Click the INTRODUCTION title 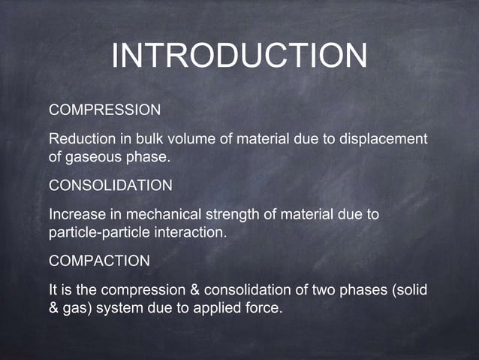pyautogui.click(x=239, y=56)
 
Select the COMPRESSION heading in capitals pyautogui.click(x=104, y=110)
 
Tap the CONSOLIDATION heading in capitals pyautogui.click(x=110, y=185)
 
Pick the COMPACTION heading pyautogui.click(x=99, y=260)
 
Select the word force pyautogui.click(x=264, y=308)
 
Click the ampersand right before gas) pyautogui.click(x=54, y=308)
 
